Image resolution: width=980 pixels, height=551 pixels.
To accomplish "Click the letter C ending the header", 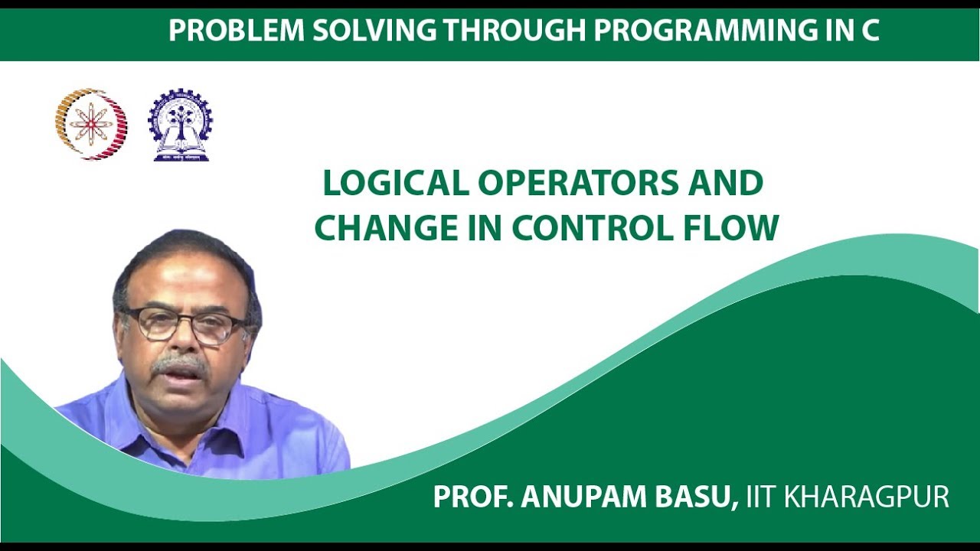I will [x=869, y=31].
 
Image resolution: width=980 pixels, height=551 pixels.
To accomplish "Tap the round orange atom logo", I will [x=91, y=123].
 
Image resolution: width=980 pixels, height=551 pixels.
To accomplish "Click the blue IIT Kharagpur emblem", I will [x=181, y=124].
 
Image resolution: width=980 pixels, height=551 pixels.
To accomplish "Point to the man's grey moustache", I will [x=179, y=364].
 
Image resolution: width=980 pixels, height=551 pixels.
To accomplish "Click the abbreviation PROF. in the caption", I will [x=472, y=497].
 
